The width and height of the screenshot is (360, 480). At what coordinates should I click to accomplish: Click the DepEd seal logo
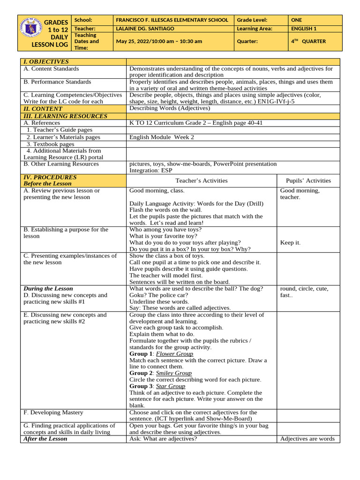click(31, 32)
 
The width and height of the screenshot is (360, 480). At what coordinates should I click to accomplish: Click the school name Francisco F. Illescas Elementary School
click(172, 20)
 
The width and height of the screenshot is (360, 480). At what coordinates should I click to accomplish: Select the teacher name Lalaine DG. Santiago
click(145, 29)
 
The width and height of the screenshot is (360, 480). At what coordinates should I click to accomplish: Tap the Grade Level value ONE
click(297, 20)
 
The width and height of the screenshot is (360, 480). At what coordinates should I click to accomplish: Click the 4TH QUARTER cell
click(308, 41)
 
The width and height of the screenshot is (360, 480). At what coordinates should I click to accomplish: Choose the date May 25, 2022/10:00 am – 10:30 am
click(159, 41)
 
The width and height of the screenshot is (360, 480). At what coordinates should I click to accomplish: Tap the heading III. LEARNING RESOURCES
click(65, 116)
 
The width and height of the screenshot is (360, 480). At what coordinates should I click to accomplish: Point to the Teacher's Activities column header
click(202, 180)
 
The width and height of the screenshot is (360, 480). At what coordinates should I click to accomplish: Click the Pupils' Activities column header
click(308, 180)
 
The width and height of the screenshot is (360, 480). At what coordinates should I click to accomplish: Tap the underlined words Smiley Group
click(174, 373)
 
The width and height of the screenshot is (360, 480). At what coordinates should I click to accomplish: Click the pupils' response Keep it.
click(290, 243)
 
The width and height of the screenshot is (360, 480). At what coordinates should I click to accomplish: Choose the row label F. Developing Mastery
click(53, 412)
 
